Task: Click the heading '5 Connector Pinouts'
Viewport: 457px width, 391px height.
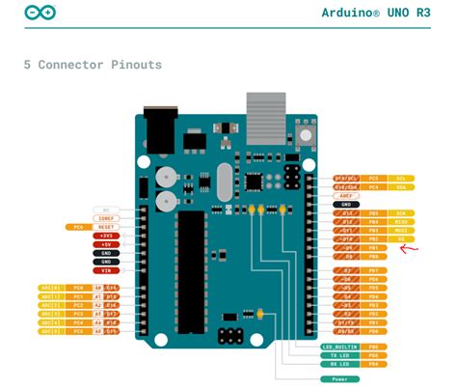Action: coord(93,65)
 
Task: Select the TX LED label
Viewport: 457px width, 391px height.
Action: coord(336,355)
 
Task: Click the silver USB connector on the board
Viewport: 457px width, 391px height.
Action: coord(265,114)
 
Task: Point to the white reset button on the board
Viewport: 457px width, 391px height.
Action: coord(309,132)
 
